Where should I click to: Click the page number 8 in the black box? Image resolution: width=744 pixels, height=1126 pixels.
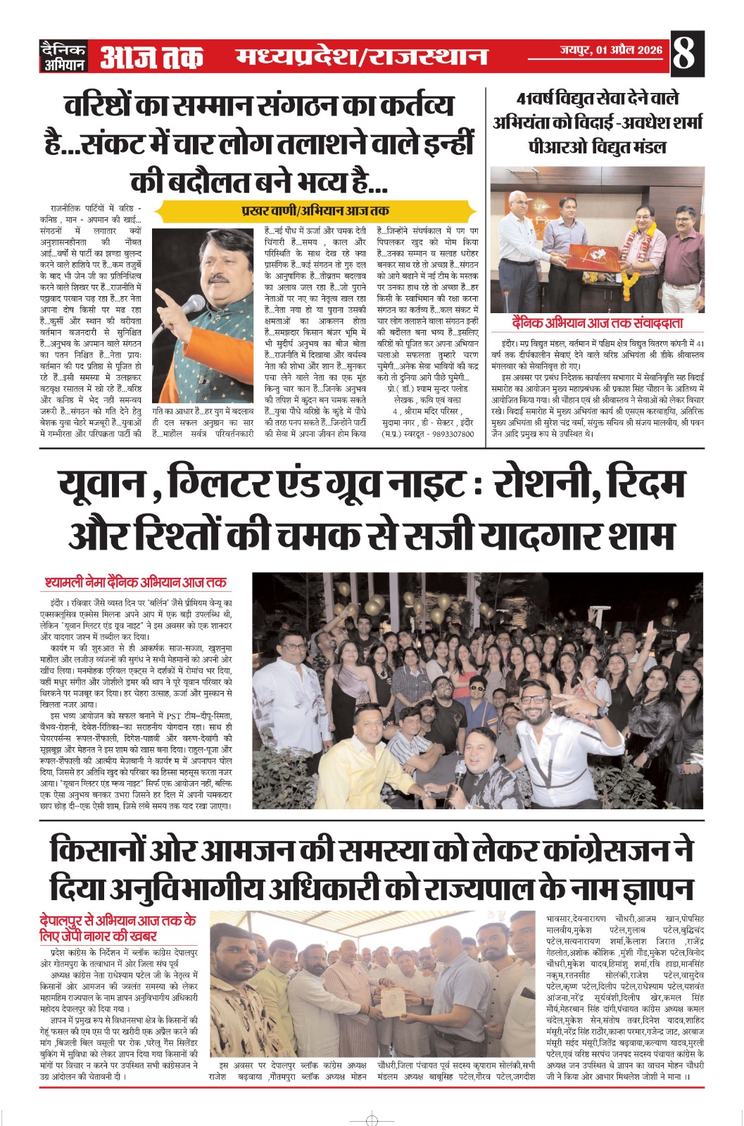point(685,54)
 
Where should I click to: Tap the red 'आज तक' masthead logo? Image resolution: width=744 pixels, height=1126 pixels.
point(151,57)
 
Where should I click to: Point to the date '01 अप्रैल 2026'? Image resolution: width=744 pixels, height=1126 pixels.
point(629,50)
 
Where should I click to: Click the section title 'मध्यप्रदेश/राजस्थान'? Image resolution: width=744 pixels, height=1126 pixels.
point(361,56)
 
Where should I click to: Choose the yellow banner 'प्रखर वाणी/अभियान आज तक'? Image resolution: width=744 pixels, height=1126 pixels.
point(314,210)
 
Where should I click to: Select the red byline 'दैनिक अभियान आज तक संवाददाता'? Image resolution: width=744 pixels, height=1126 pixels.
point(597,323)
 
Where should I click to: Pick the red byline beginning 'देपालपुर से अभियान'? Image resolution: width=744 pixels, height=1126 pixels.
point(118,928)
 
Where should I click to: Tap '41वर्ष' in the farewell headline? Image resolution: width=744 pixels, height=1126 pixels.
point(541,99)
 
